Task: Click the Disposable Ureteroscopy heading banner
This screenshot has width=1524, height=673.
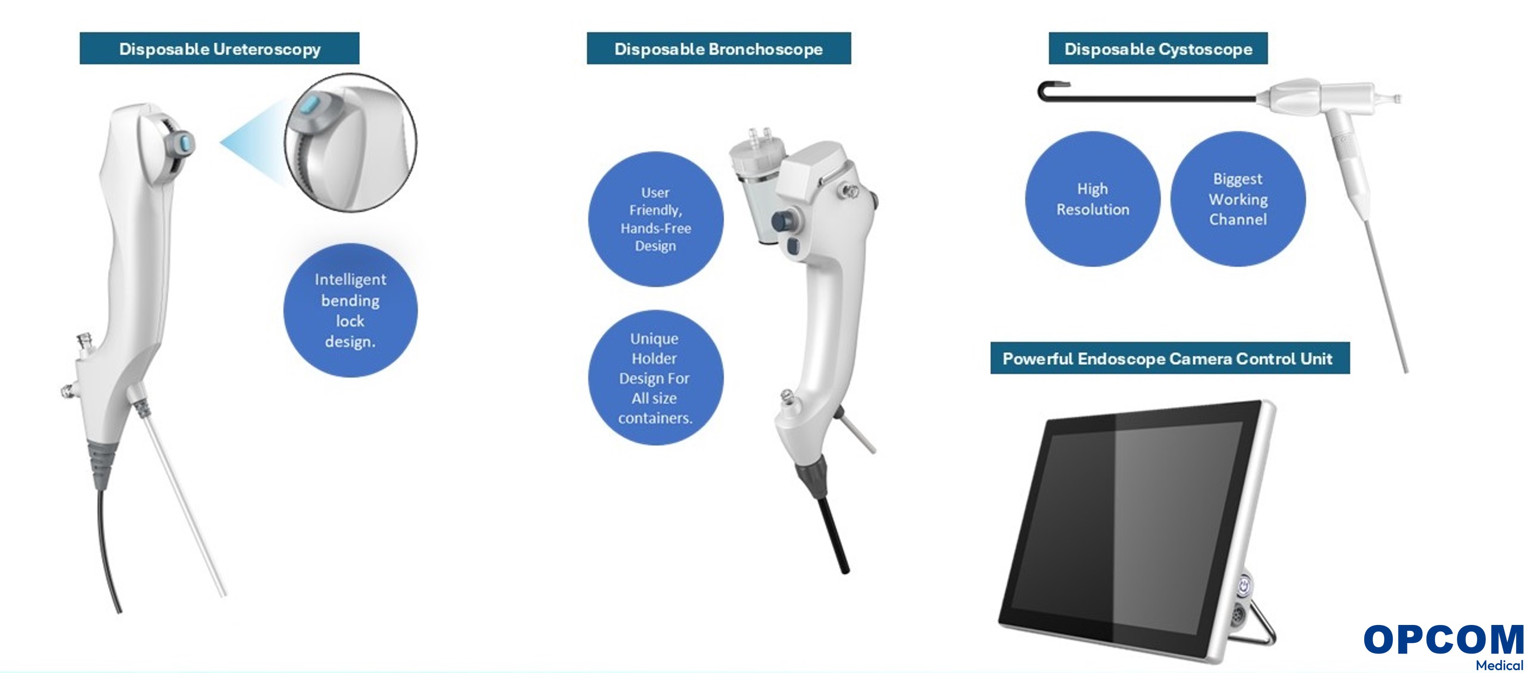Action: (219, 49)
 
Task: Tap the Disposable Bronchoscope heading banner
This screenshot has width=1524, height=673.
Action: (719, 49)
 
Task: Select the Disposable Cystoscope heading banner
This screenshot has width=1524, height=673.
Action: (1158, 49)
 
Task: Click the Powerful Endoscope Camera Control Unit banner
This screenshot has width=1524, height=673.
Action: (1170, 358)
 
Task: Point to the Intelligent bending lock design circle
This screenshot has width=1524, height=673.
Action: (350, 310)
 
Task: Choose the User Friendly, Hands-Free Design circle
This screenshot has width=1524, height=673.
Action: (655, 219)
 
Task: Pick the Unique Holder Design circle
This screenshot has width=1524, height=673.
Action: (655, 378)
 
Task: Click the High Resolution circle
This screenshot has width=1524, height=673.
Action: (1093, 199)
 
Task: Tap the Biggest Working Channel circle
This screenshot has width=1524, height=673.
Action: (1238, 199)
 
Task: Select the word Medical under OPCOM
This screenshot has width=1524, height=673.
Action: (1499, 665)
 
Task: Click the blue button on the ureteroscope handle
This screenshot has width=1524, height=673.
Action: (185, 144)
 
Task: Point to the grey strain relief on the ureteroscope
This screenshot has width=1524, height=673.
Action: (101, 463)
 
